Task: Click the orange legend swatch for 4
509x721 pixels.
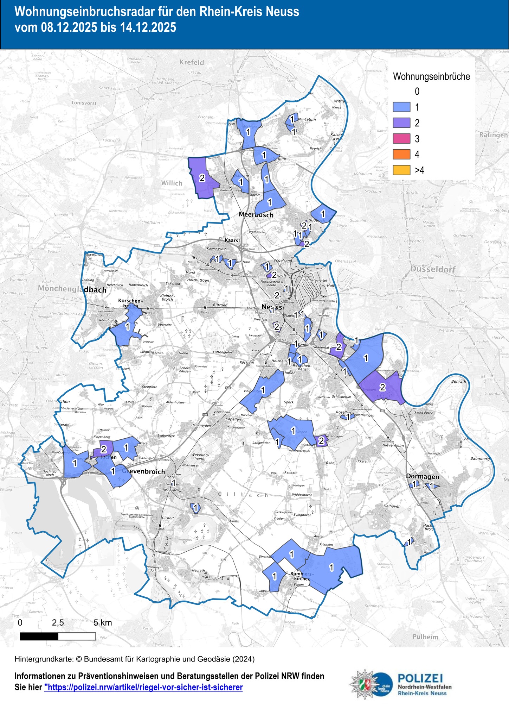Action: pyautogui.click(x=401, y=154)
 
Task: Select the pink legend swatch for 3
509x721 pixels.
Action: pyautogui.click(x=401, y=138)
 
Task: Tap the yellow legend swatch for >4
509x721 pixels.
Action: pyautogui.click(x=401, y=170)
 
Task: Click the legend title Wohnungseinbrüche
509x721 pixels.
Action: pyautogui.click(x=431, y=76)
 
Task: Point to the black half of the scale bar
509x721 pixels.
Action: pyautogui.click(x=39, y=636)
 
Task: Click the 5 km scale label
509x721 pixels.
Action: pyautogui.click(x=103, y=622)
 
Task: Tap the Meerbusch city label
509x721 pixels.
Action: pyautogui.click(x=256, y=214)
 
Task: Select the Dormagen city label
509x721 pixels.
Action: pyautogui.click(x=423, y=476)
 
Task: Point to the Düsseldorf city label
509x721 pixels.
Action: pyautogui.click(x=433, y=269)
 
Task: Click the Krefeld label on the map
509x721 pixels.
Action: pyautogui.click(x=192, y=62)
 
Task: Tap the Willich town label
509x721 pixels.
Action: pyautogui.click(x=172, y=183)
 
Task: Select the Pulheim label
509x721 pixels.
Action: pyautogui.click(x=425, y=637)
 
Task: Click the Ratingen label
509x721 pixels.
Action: pyautogui.click(x=493, y=135)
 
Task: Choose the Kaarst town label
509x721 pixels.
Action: pyautogui.click(x=232, y=240)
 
